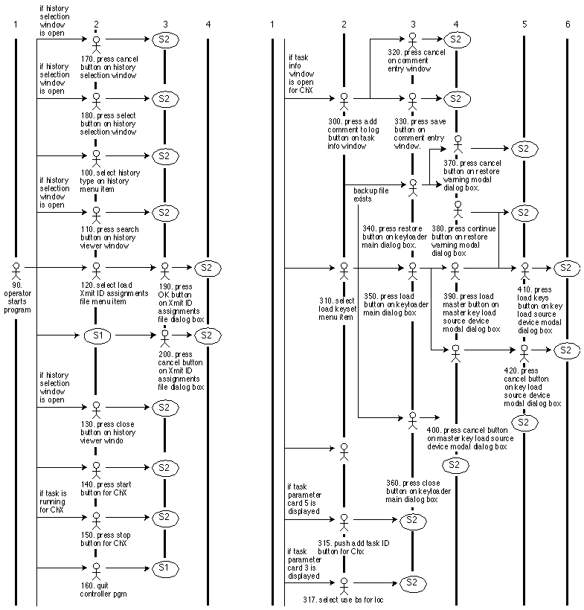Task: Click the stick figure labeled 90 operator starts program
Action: pos(15,267)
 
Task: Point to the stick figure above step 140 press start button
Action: pos(96,469)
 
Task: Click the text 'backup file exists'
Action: pos(371,195)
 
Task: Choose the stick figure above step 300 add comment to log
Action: pos(344,99)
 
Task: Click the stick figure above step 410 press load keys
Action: pos(524,269)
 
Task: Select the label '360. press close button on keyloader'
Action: pos(412,491)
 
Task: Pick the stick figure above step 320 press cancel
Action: pos(412,38)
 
